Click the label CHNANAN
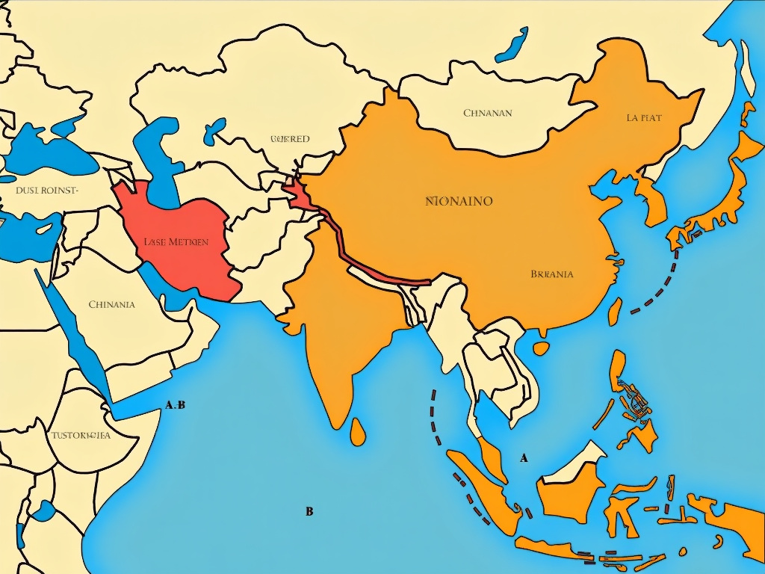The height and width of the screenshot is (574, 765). pyautogui.click(x=488, y=114)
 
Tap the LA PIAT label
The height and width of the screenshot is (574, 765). pyautogui.click(x=643, y=118)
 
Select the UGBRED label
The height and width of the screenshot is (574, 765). pyautogui.click(x=290, y=139)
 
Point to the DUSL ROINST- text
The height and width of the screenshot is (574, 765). pyautogui.click(x=46, y=190)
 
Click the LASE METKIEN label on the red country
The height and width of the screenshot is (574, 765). pyautogui.click(x=176, y=241)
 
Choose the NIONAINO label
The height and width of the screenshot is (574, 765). pyautogui.click(x=459, y=201)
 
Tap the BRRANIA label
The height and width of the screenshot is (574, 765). pyautogui.click(x=551, y=274)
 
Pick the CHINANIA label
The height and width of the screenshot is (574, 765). pyautogui.click(x=111, y=304)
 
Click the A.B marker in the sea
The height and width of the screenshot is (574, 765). pyautogui.click(x=175, y=405)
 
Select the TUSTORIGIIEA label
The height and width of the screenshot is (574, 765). pyautogui.click(x=81, y=435)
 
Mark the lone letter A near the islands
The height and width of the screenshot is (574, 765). pyautogui.click(x=524, y=457)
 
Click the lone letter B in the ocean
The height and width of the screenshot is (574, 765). pyautogui.click(x=309, y=512)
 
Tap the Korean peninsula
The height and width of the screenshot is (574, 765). pyautogui.click(x=648, y=198)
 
